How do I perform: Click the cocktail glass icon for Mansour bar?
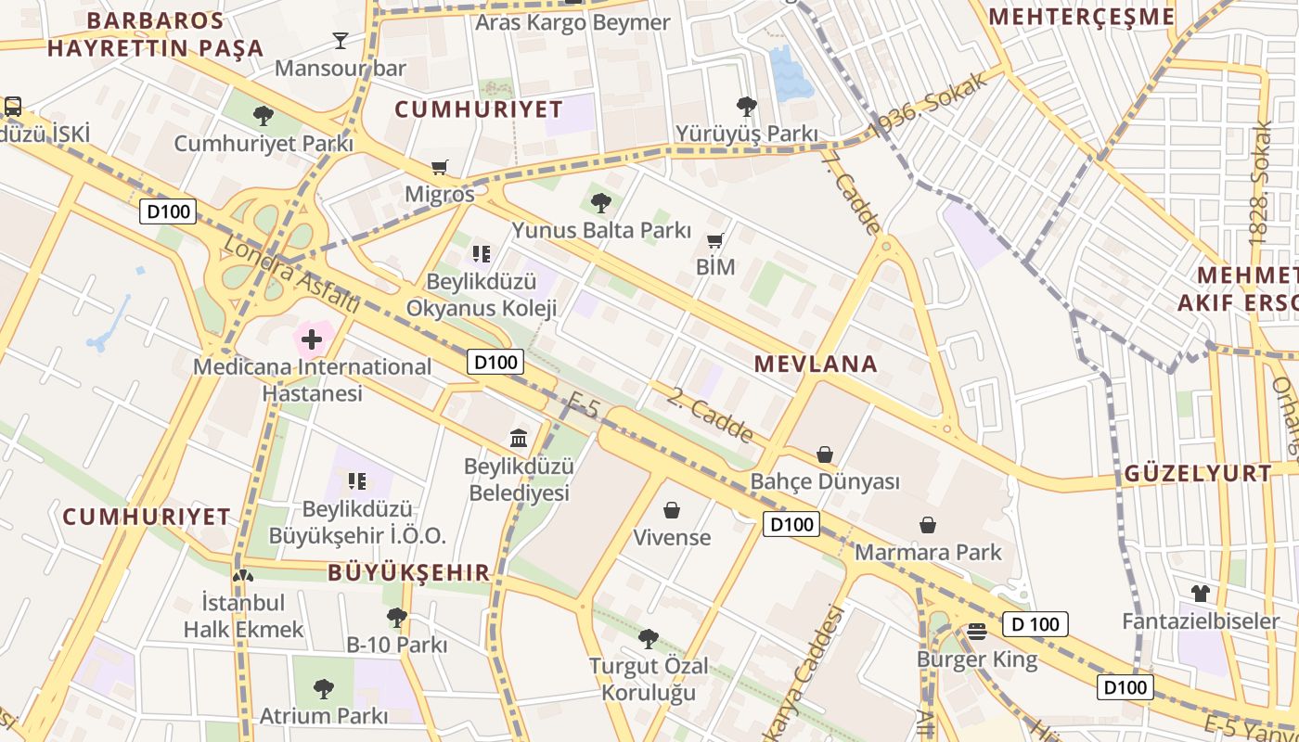pyautogui.click(x=341, y=40)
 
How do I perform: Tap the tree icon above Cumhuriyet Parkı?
pyautogui.click(x=264, y=116)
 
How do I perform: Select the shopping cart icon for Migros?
pyautogui.click(x=440, y=168)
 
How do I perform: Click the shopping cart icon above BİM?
pyautogui.click(x=714, y=241)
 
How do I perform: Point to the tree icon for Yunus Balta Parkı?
pyautogui.click(x=601, y=202)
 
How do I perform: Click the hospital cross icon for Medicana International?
pyautogui.click(x=312, y=339)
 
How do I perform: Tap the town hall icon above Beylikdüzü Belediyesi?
pyautogui.click(x=519, y=438)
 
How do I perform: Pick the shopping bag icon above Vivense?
pyautogui.click(x=672, y=510)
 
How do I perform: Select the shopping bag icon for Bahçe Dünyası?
pyautogui.click(x=825, y=454)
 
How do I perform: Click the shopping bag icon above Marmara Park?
pyautogui.click(x=928, y=525)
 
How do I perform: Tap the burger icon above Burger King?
pyautogui.click(x=976, y=632)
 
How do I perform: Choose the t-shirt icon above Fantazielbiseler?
pyautogui.click(x=1201, y=594)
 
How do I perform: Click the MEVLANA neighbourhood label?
pyautogui.click(x=816, y=364)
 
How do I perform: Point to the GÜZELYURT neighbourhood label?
pyautogui.click(x=1199, y=473)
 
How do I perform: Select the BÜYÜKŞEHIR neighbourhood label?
pyautogui.click(x=408, y=572)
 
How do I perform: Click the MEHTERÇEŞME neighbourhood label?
pyautogui.click(x=1082, y=17)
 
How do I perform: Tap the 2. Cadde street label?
pyautogui.click(x=710, y=415)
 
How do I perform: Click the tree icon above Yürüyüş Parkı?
pyautogui.click(x=746, y=107)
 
